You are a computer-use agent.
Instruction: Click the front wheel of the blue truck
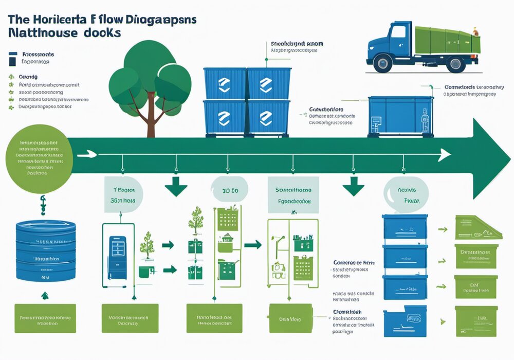[x=382, y=64]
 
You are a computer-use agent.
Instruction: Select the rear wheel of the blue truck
[x=455, y=64]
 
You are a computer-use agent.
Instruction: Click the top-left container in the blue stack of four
[x=225, y=84]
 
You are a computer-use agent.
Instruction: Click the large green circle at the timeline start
[x=40, y=158]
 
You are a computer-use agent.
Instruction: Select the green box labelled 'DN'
[x=476, y=286]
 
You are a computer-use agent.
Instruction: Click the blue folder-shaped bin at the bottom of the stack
[x=405, y=320]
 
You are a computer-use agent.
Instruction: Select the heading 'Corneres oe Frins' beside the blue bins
[x=354, y=262]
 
